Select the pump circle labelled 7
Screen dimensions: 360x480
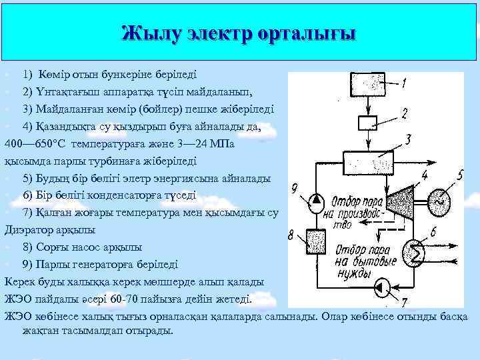tap(385, 287)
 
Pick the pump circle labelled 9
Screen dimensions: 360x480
tap(313, 199)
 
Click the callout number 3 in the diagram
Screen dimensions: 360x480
tap(407, 139)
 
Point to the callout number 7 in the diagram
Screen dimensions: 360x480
tap(405, 302)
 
